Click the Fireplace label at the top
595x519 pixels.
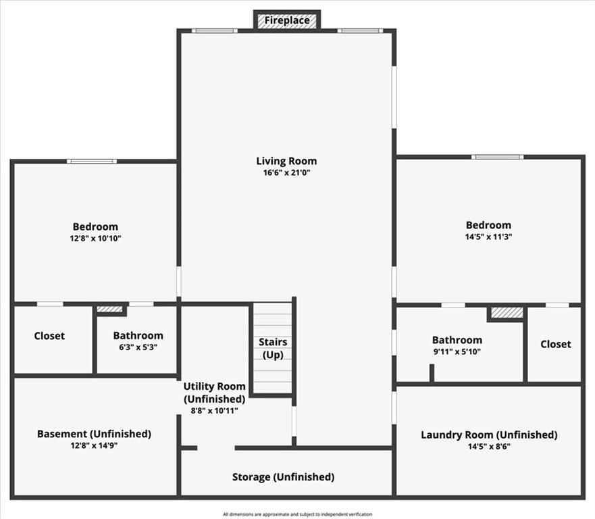pos(287,20)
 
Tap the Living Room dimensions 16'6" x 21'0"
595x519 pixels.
pos(287,173)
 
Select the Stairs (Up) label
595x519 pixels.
pos(273,348)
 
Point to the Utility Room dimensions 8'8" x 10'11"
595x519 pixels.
pos(214,410)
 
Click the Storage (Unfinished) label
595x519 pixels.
pos(283,477)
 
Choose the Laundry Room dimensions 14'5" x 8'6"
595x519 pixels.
pos(489,447)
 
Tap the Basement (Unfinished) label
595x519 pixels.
pos(94,434)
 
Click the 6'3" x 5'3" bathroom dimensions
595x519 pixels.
pos(138,347)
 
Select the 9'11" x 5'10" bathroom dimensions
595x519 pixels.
pos(457,351)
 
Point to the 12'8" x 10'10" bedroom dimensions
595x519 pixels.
pos(95,239)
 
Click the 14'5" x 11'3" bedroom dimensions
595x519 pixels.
pos(489,237)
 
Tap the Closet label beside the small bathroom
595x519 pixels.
pos(49,336)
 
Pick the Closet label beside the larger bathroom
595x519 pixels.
pos(556,345)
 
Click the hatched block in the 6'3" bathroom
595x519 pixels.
pos(109,310)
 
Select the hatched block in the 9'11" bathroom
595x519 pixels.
pos(507,313)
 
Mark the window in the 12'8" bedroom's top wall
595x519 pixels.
pos(92,162)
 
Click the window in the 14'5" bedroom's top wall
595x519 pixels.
pos(498,157)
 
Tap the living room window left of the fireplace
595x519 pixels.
pos(214,31)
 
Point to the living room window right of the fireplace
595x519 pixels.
pos(361,31)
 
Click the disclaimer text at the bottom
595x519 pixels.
pos(297,514)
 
